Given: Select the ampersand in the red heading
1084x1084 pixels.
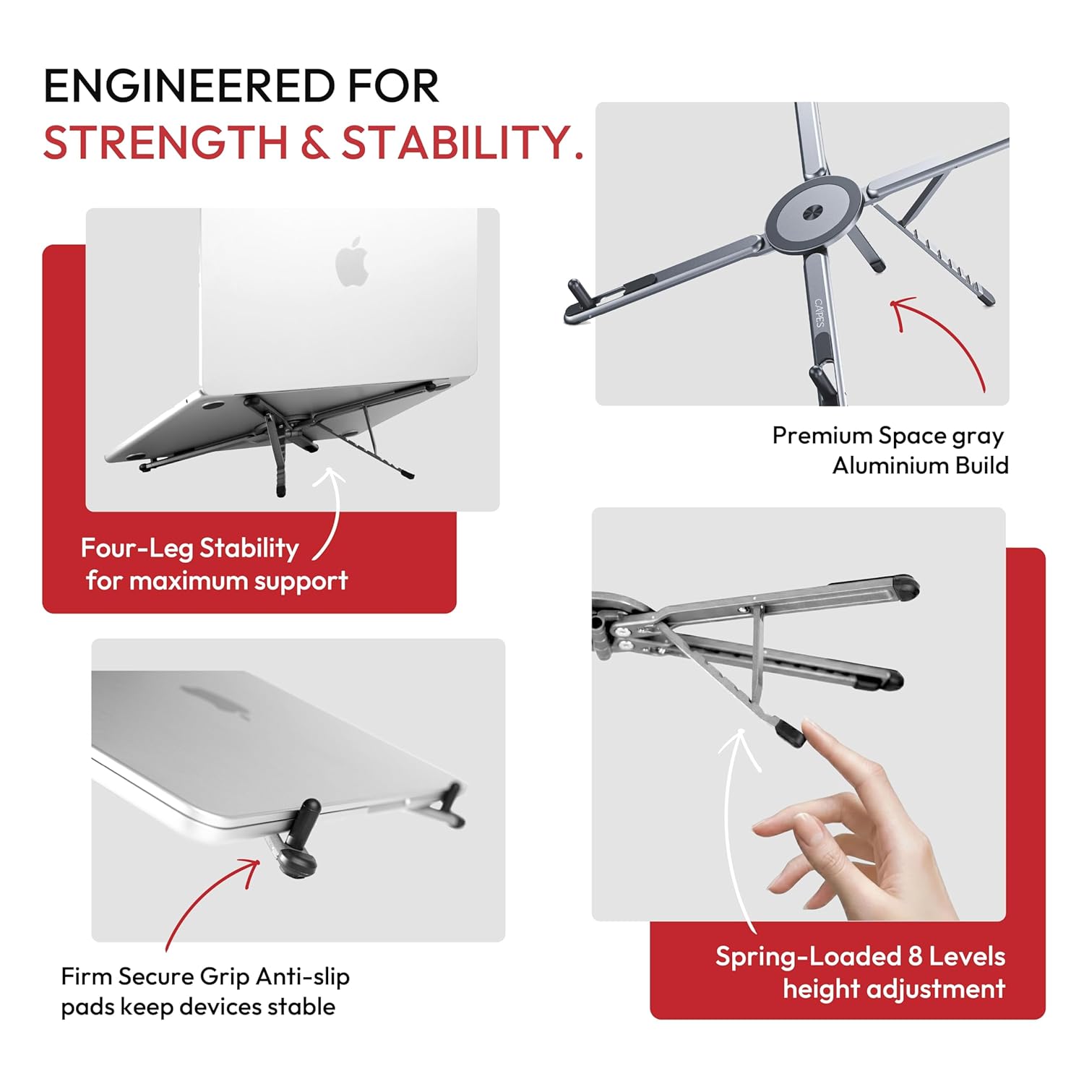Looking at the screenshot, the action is (x=314, y=142).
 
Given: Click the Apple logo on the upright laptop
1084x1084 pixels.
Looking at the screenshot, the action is (x=353, y=261).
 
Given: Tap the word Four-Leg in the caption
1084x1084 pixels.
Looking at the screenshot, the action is (x=137, y=549).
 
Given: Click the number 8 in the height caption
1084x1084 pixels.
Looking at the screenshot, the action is (x=915, y=956).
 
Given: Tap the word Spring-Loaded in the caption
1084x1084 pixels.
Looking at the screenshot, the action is (x=808, y=957).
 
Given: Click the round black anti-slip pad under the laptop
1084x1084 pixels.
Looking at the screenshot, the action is (x=297, y=860).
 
